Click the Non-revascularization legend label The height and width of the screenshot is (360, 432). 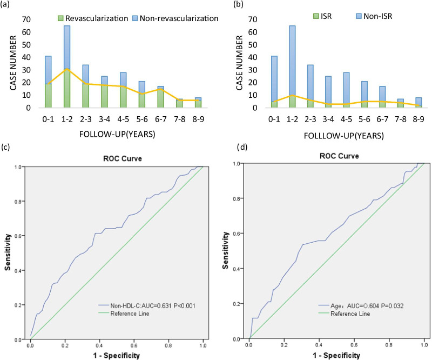tap(179, 18)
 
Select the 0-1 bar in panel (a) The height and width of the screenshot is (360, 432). tap(33, 82)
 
